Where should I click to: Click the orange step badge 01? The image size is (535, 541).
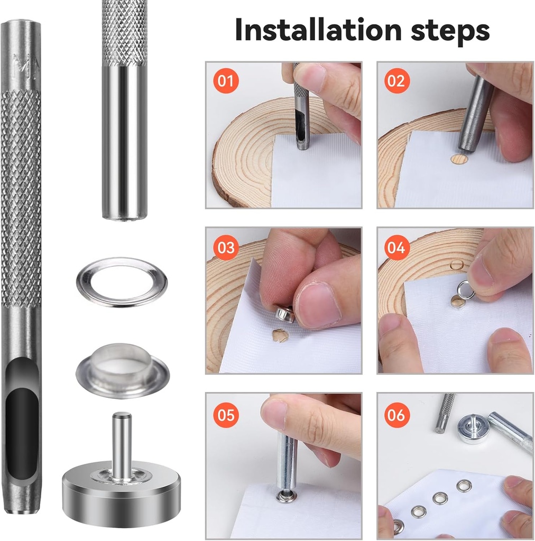(226, 81)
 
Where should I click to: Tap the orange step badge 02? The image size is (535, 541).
(396, 81)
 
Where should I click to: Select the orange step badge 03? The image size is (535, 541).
(226, 247)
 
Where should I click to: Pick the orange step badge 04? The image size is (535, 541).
(396, 247)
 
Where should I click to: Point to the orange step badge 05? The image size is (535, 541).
(226, 415)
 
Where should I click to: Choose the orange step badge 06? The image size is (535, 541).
(396, 415)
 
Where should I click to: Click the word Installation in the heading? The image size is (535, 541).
(318, 30)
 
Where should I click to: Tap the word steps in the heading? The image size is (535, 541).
(450, 31)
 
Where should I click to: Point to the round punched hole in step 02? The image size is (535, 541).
(459, 158)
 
